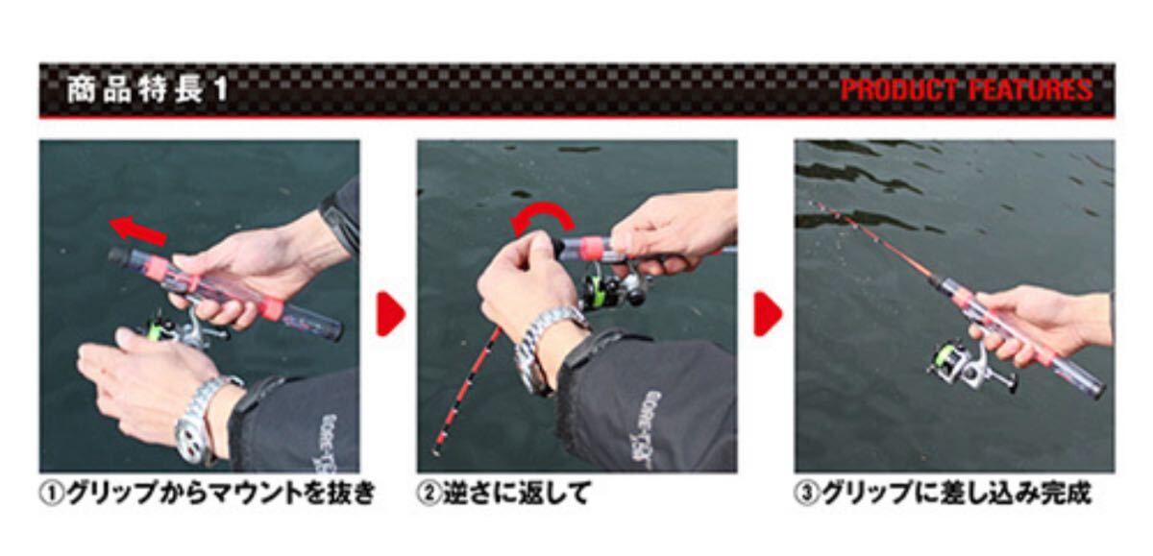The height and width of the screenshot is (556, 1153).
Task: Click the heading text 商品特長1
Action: (147, 90)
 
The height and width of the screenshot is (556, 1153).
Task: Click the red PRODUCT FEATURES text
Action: (967, 89)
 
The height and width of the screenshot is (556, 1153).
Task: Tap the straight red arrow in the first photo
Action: (138, 230)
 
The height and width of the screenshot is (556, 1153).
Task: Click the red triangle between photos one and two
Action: (391, 314)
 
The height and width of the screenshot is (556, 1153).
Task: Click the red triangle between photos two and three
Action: (768, 314)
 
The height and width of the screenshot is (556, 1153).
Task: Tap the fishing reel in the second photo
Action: (613, 285)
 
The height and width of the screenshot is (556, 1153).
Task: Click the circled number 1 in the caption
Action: (52, 494)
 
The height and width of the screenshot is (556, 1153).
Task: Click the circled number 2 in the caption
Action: (429, 494)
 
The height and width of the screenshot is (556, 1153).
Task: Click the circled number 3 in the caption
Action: (806, 494)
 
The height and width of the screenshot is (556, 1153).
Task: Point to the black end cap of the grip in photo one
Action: (118, 255)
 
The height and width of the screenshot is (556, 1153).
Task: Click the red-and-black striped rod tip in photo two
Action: (467, 392)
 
